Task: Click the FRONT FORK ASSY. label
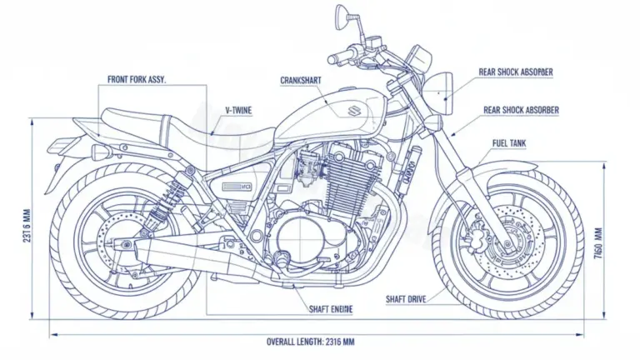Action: [x=137, y=80]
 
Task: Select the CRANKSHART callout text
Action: [x=302, y=81]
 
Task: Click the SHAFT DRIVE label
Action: [x=407, y=298]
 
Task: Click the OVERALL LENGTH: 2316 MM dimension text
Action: [x=311, y=342]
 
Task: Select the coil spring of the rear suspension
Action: [x=172, y=194]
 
